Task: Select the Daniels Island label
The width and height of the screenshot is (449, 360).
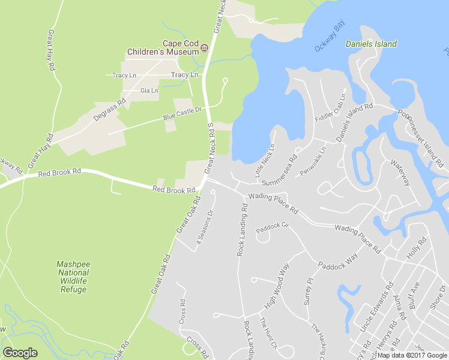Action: pos(371,44)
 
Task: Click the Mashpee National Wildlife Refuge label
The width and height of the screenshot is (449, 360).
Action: pos(73,277)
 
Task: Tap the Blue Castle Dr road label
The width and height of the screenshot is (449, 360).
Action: pos(182,114)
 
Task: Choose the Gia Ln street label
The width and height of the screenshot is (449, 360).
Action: pos(149,91)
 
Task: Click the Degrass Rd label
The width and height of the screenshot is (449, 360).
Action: pos(109,109)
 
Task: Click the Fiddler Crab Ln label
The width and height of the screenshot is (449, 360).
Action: pos(331,108)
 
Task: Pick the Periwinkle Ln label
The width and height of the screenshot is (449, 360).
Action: pos(313,161)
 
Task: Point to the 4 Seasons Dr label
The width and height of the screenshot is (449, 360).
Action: pos(205,227)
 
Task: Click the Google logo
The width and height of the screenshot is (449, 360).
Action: pos(20,353)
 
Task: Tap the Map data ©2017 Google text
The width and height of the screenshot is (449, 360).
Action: pos(412,355)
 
